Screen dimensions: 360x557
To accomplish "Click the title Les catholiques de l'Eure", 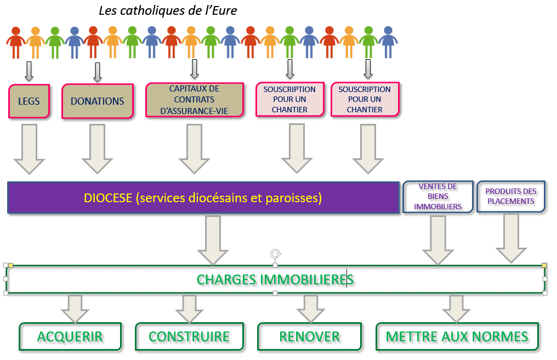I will click(x=168, y=10).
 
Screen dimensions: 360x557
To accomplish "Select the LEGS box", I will click(x=29, y=101).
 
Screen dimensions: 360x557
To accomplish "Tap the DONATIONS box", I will click(x=98, y=101).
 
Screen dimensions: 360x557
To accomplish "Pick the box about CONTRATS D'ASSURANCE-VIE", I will click(x=194, y=100).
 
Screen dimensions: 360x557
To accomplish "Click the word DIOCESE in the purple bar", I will click(x=109, y=198).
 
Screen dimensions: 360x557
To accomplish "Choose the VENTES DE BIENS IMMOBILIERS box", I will click(x=437, y=197).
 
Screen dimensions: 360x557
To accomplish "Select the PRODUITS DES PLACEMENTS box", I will click(x=510, y=196).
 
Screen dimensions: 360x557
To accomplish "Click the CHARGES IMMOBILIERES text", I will click(x=275, y=279).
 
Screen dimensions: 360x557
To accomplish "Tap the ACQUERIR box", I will click(x=70, y=336).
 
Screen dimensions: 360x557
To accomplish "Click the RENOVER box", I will click(x=309, y=336).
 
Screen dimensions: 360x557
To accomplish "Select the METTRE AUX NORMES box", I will click(x=457, y=336).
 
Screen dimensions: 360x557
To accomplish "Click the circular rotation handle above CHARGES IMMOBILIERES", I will click(x=275, y=253).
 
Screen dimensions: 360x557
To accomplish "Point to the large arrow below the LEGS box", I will click(x=29, y=148).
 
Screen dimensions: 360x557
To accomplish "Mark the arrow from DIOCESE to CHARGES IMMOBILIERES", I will click(x=213, y=239).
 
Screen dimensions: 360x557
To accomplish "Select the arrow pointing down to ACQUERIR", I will click(x=75, y=308).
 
